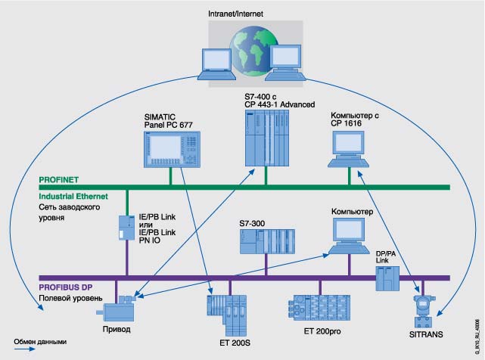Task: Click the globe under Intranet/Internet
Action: point(249,51)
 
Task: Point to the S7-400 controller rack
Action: point(267,137)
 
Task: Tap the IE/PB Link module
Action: point(126,226)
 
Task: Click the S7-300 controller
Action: point(266,241)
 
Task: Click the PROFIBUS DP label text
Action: point(69,287)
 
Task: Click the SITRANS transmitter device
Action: point(421,309)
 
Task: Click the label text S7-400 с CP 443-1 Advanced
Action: point(279,98)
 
